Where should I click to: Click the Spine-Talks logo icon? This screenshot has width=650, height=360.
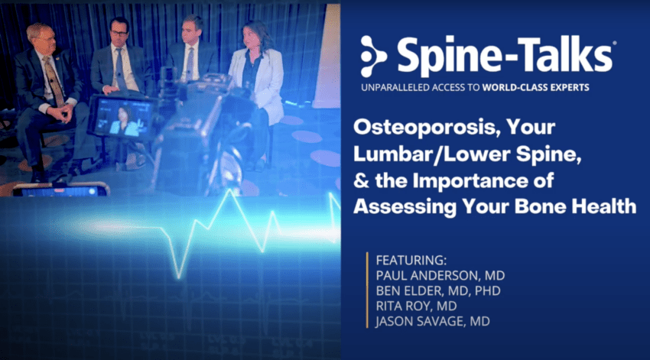point(373,57)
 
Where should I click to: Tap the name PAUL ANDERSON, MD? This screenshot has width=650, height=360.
point(440,275)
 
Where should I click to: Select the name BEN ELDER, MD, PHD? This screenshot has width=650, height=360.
point(438,290)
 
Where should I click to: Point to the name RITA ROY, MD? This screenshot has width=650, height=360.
point(416,306)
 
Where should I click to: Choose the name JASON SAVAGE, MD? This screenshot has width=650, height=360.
point(433,322)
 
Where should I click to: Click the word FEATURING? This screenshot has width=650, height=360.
point(410,260)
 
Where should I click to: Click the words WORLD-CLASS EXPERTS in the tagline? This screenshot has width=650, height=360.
point(535,87)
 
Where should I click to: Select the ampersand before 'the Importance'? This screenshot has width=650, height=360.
point(361,180)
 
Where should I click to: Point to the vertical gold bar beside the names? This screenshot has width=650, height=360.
point(367,290)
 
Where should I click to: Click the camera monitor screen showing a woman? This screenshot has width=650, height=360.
point(122,118)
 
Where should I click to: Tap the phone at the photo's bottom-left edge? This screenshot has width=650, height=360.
point(60,190)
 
